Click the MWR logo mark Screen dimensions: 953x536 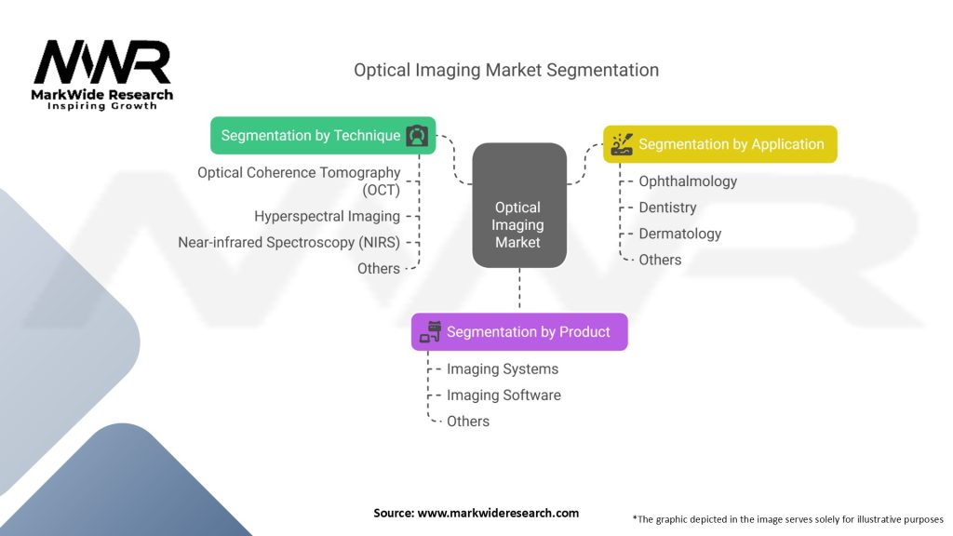[x=102, y=62]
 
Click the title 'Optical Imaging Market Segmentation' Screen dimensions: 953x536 [x=506, y=70]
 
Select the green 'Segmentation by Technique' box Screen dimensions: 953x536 [x=323, y=136]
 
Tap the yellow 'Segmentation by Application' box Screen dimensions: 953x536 [x=719, y=144]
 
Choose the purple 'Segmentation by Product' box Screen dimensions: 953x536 [x=519, y=332]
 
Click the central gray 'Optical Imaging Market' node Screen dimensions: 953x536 [x=519, y=206]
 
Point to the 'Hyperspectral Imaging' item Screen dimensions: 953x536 [x=327, y=216]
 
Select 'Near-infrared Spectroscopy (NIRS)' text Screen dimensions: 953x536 [x=289, y=243]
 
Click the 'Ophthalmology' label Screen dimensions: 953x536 [x=688, y=181]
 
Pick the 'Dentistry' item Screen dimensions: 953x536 [x=667, y=208]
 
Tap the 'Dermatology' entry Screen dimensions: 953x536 [x=679, y=234]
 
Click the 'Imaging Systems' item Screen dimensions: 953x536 [x=502, y=368]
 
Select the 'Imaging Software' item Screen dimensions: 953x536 [x=503, y=395]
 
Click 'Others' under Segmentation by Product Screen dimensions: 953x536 [x=467, y=422]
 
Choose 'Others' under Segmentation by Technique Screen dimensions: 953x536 [x=378, y=269]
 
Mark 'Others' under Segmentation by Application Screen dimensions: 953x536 [x=660, y=260]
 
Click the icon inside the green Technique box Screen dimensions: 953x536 [x=417, y=136]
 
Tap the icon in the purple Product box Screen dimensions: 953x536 [x=430, y=332]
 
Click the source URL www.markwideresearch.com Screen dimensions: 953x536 [x=498, y=513]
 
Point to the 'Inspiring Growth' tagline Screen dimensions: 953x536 [x=102, y=106]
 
